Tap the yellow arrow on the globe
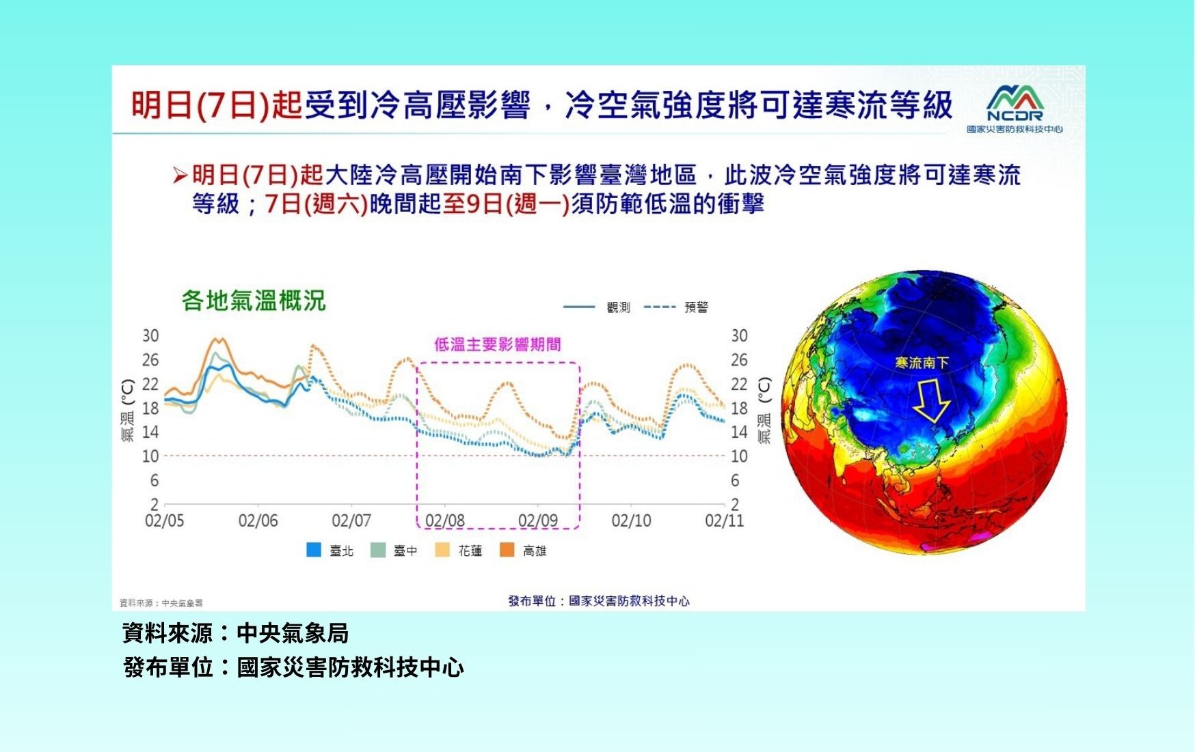point(931,401)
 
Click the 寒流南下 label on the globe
point(922,363)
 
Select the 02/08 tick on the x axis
point(444,521)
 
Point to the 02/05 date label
point(164,521)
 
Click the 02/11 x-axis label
point(724,521)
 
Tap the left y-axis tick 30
point(150,336)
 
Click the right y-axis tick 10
point(739,456)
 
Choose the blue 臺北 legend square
point(314,550)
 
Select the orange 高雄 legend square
point(507,550)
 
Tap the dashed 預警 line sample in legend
point(660,307)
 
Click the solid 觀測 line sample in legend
point(579,307)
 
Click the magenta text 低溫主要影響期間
point(498,344)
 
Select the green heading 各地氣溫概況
point(254,301)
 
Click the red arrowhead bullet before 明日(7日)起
point(180,176)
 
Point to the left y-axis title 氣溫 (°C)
point(128,410)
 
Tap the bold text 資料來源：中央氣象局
point(236,633)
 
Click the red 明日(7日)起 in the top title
point(216,105)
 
